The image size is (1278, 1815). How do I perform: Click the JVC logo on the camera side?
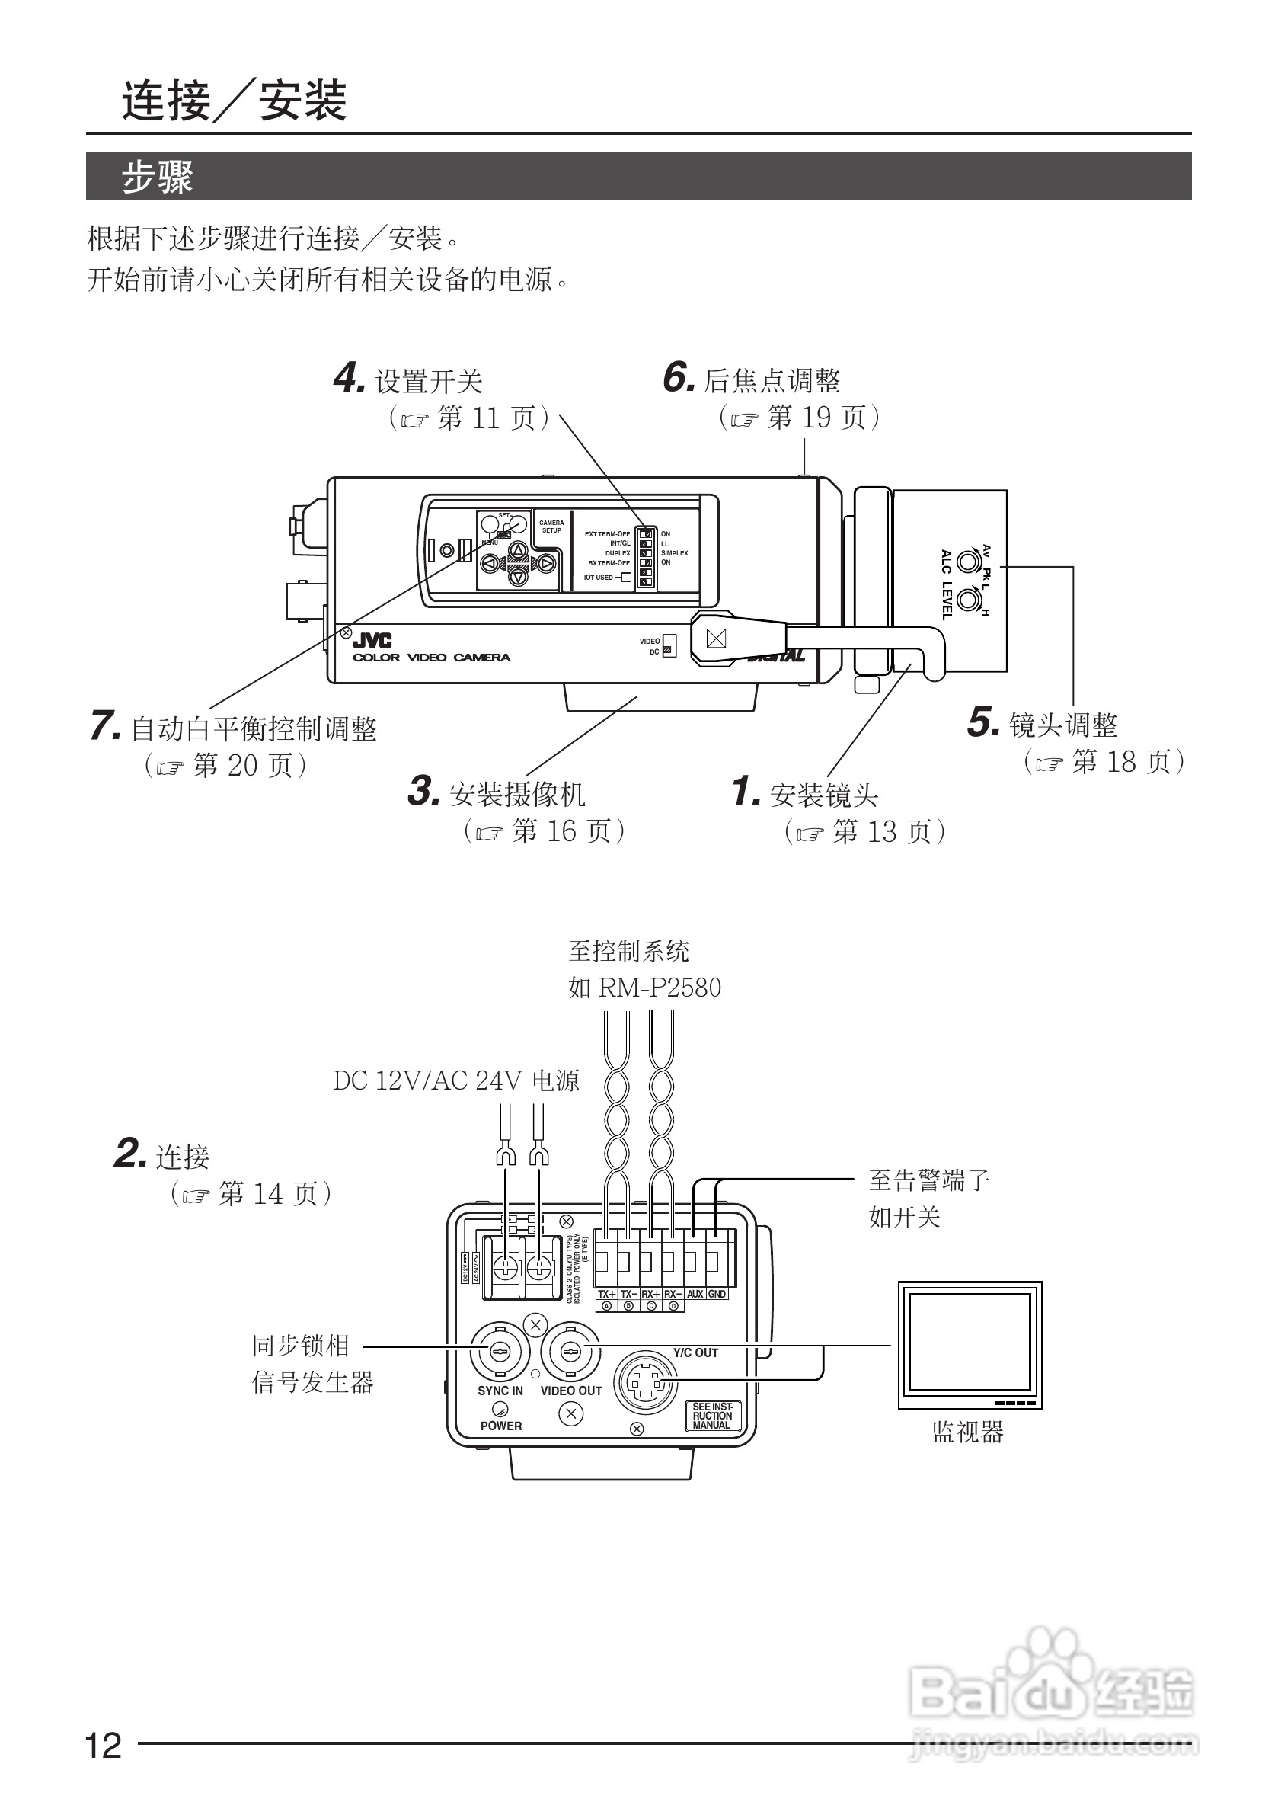pyautogui.click(x=372, y=641)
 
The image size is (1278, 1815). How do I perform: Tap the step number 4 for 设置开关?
pyautogui.click(x=349, y=378)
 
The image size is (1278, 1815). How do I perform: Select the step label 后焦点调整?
pyautogui.click(x=772, y=381)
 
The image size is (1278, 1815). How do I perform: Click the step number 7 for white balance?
pyautogui.click(x=104, y=725)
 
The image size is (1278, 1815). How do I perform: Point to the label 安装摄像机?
pyautogui.click(x=517, y=794)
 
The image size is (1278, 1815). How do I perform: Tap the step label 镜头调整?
pyautogui.click(x=1063, y=725)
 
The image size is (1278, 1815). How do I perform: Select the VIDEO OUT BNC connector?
pyautogui.click(x=570, y=1352)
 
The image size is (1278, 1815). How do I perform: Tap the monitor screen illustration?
pyautogui.click(x=970, y=1342)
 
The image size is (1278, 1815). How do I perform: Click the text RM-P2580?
pyautogui.click(x=660, y=988)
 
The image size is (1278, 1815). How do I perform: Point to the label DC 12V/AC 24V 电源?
pyautogui.click(x=456, y=1080)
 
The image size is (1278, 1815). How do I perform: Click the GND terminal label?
pyautogui.click(x=717, y=1294)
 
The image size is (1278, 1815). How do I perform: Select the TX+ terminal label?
pyautogui.click(x=606, y=1294)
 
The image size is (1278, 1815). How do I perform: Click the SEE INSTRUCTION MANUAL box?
pyautogui.click(x=712, y=1416)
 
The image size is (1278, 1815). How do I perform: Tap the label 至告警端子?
pyautogui.click(x=928, y=1181)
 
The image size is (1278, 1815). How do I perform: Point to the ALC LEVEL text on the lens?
pyautogui.click(x=947, y=584)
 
